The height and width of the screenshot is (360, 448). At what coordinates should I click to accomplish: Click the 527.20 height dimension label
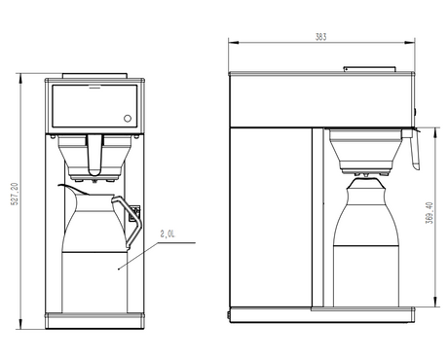[x=15, y=194]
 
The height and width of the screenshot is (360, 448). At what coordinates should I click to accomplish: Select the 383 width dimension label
[x=320, y=37]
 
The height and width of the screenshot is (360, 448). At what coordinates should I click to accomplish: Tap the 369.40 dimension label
[x=429, y=213]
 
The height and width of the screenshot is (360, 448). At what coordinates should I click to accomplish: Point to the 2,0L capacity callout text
[x=168, y=234]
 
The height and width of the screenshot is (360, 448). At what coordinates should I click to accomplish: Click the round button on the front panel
[x=128, y=119]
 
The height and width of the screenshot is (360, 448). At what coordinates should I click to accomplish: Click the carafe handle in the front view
[x=129, y=222]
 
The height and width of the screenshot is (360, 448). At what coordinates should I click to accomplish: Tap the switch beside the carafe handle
[x=135, y=213]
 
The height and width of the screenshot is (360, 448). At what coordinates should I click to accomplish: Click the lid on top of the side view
[x=370, y=69]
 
